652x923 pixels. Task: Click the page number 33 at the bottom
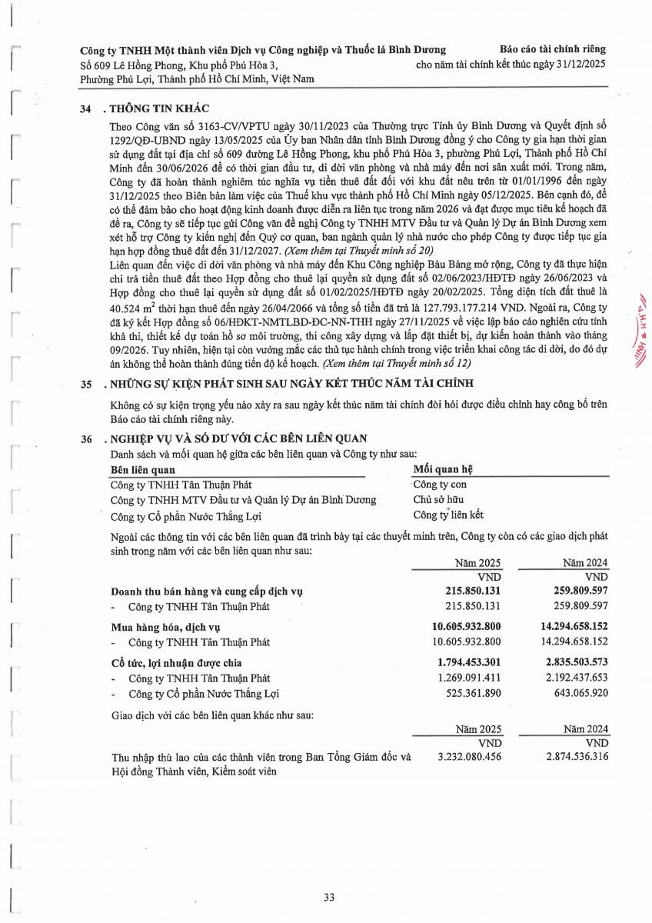point(328,897)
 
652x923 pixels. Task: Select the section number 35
point(86,384)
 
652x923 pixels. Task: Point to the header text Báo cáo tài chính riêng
point(552,49)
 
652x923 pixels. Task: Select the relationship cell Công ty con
point(439,484)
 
